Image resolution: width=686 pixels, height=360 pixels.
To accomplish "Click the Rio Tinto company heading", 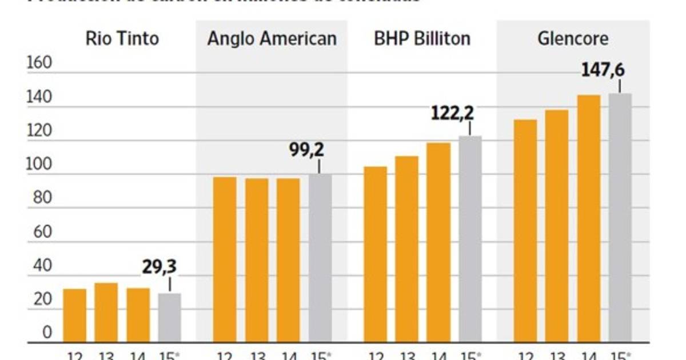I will (122, 39).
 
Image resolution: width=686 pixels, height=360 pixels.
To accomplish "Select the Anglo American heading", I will (272, 39).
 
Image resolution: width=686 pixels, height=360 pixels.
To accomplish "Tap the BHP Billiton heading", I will (422, 39).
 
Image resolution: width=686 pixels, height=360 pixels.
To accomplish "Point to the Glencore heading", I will (573, 39).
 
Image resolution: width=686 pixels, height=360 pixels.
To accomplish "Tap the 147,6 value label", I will (603, 70).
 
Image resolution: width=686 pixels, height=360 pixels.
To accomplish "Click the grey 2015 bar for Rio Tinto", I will (169, 318).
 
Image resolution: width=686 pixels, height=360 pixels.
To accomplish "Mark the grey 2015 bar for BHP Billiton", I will (470, 239).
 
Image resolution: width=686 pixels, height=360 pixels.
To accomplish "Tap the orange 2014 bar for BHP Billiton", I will (438, 242).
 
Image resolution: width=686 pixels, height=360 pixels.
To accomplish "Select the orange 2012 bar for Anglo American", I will (224, 259).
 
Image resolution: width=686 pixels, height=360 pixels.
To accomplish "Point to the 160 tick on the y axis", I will (39, 63).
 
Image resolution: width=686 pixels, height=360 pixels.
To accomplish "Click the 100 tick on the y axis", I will (39, 165).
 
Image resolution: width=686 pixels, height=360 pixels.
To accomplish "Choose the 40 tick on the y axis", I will (39, 266).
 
